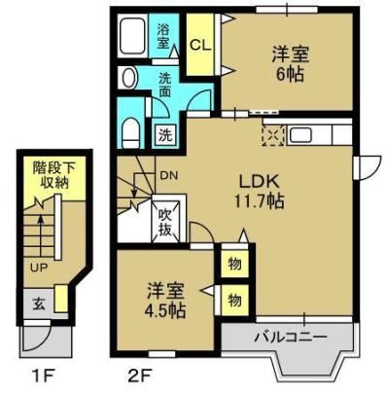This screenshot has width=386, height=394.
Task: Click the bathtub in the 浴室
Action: coord(132,35)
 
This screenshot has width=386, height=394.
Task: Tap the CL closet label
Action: coord(200,46)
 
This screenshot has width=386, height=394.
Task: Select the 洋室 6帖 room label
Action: coord(290,64)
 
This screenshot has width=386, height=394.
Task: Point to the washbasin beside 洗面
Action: coord(127,77)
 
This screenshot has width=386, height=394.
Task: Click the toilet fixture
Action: coord(131,133)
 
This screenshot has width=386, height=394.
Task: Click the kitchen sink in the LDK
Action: coord(300,134)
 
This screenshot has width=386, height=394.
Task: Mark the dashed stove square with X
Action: coord(273,135)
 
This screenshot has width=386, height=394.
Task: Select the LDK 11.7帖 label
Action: coord(260,192)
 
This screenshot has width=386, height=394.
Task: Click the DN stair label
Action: coord(169,175)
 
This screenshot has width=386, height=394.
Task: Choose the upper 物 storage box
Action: coord(234,264)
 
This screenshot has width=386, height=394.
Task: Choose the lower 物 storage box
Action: coord(234,301)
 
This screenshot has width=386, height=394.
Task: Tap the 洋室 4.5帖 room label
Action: coord(165,301)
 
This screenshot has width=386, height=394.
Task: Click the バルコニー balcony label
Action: coord(290,338)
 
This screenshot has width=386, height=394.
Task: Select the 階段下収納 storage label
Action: coord(54,176)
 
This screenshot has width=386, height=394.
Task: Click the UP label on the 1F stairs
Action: coord(39,268)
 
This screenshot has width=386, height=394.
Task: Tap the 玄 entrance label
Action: coord(39,304)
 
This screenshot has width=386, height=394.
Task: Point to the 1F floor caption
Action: coord(43,376)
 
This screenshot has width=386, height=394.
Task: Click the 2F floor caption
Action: coord(140,376)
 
